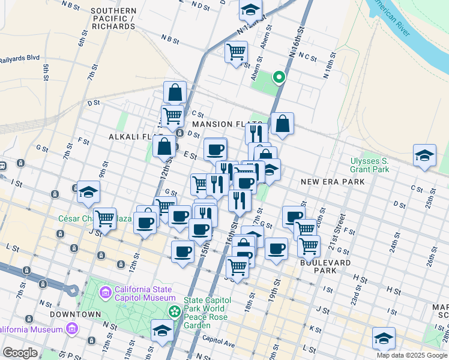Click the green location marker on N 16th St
point(279,77)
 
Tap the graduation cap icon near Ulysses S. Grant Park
point(424,157)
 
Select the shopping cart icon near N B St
point(237,52)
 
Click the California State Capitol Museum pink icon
point(105,293)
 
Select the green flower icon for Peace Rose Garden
point(175,311)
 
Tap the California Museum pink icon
point(73,329)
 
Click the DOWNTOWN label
point(75,314)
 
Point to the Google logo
point(20,353)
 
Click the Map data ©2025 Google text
point(412,355)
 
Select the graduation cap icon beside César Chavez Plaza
point(88,192)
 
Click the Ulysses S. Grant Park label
point(370,166)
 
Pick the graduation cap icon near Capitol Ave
point(162,331)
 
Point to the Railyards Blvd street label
point(19,58)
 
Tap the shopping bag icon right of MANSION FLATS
point(282,124)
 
